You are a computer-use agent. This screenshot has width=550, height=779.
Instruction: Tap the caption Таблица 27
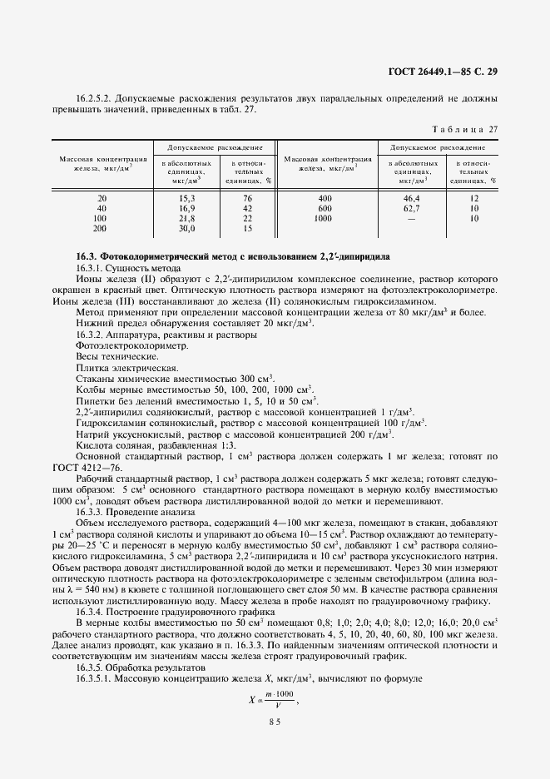pos(463,128)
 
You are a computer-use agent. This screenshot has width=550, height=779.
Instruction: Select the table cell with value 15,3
pos(186,198)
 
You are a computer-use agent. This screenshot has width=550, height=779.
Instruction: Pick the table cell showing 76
pos(247,198)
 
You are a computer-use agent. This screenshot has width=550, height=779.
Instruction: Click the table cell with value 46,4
pos(412,198)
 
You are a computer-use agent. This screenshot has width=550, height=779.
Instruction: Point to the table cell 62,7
pos(412,208)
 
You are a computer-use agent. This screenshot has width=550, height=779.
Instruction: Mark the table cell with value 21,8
pos(186,218)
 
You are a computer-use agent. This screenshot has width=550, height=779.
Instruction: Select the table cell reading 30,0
pos(186,228)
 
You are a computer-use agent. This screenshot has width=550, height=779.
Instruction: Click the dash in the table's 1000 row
pos(412,218)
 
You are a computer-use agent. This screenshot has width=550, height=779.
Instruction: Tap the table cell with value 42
pos(247,208)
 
